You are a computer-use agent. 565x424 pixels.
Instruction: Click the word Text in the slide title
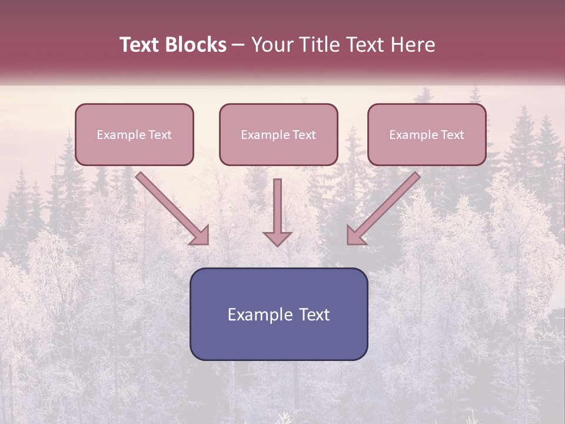coord(141,45)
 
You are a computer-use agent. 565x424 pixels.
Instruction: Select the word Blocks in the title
coord(197,45)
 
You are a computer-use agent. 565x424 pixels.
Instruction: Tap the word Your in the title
coord(272,45)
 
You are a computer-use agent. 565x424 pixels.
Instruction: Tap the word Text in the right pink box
coord(452,135)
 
